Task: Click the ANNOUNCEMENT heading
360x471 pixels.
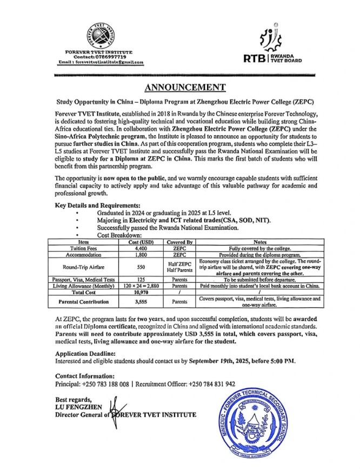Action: [x=184, y=88]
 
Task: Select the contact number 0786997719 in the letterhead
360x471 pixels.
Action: [x=112, y=57]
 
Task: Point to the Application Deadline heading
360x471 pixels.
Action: [x=85, y=353]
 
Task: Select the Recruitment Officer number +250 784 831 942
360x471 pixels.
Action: [x=212, y=384]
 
